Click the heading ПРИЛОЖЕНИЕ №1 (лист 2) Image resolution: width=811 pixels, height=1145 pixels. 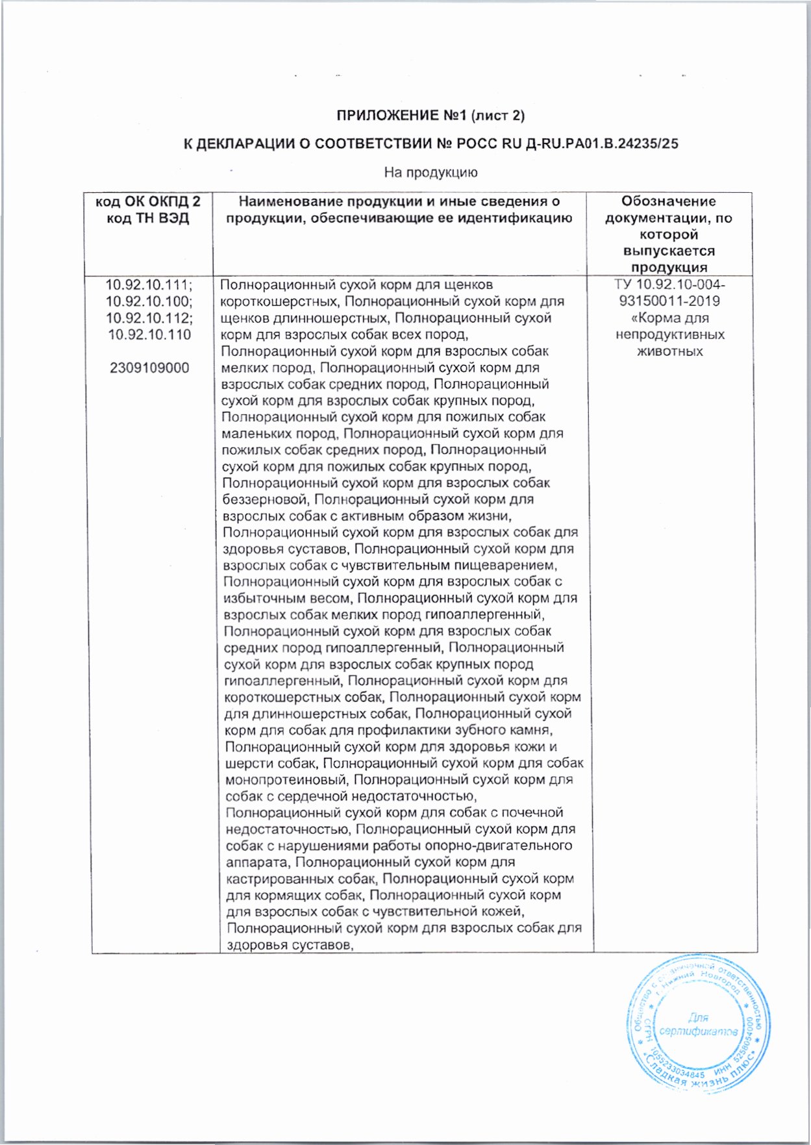point(430,116)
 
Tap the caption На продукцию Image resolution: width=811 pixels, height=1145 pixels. point(430,172)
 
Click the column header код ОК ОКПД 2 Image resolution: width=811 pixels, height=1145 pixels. point(148,201)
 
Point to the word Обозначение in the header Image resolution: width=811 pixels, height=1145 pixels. point(668,201)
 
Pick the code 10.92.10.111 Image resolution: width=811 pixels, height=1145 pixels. point(147,284)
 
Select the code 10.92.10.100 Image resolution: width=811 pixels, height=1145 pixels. point(147,301)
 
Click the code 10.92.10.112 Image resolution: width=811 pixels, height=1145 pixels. point(147,318)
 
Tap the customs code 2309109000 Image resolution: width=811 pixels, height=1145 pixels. point(149,368)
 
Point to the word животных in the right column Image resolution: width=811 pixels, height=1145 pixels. point(669,351)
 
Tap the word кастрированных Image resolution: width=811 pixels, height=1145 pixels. point(281,879)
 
